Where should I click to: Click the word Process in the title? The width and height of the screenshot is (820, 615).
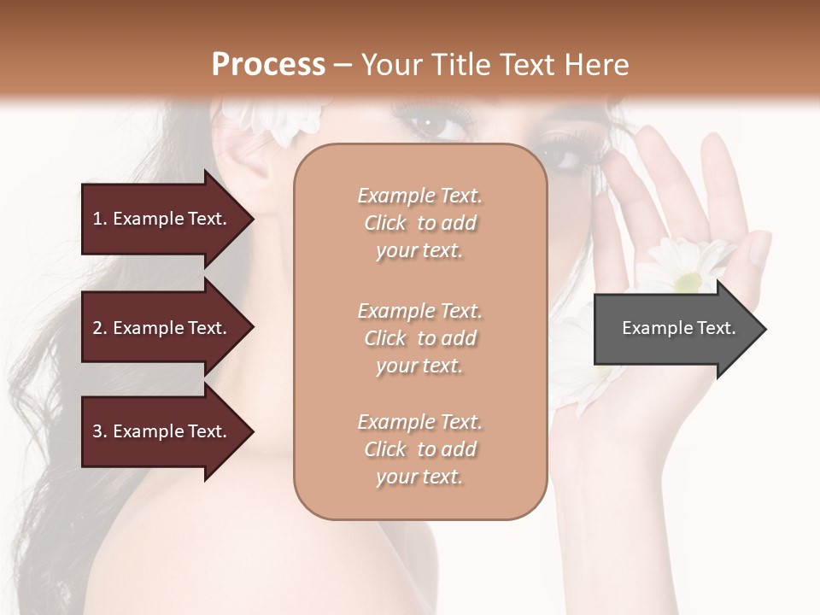coord(268,65)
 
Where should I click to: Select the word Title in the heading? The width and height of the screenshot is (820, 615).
coord(461,65)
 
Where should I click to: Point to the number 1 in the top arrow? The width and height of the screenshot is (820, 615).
coord(97,219)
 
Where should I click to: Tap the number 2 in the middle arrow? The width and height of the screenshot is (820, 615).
coord(97,328)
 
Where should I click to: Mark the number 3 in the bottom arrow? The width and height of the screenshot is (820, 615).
coord(97,431)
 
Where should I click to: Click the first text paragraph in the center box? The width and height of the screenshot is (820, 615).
coord(419,223)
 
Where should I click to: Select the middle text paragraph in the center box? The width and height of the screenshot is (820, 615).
coord(419,338)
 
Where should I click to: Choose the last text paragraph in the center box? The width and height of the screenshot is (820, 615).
coord(419,449)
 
